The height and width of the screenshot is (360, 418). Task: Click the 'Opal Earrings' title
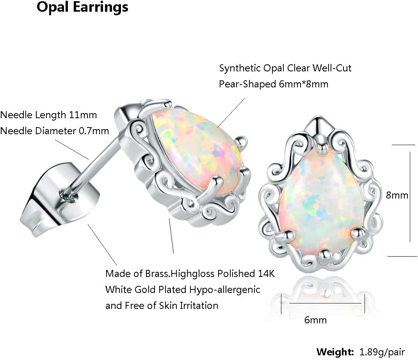click(x=82, y=7)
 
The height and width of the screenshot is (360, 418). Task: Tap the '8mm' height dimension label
click(x=397, y=195)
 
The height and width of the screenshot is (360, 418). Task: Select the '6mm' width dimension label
click(x=315, y=320)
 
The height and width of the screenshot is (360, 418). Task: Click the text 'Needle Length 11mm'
click(x=48, y=115)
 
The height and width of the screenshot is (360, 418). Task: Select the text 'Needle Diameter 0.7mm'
click(x=54, y=131)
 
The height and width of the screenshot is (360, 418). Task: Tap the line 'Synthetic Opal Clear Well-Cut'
click(x=285, y=68)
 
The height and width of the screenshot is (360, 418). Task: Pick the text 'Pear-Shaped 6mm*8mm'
click(x=274, y=84)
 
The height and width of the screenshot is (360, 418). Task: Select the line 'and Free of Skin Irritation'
click(x=162, y=305)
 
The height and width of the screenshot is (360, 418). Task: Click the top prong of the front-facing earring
click(x=322, y=147)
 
